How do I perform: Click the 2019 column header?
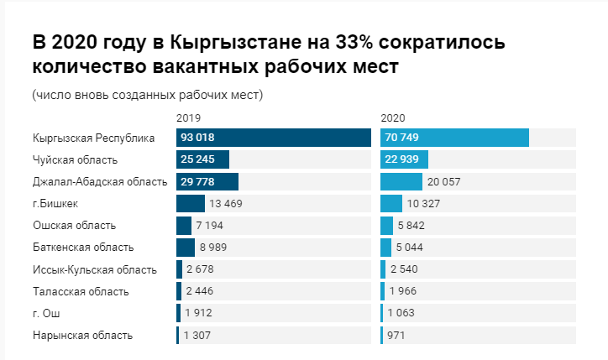tap(189, 118)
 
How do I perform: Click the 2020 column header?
tap(392, 118)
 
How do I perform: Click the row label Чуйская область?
tap(75, 159)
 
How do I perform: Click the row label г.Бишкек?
tap(56, 203)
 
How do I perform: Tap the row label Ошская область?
tap(74, 225)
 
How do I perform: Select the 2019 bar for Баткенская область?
tap(186, 247)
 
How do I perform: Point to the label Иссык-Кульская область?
tap(94, 269)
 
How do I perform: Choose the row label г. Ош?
tap(46, 313)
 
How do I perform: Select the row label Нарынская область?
tap(82, 335)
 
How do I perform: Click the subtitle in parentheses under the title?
tap(148, 94)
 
